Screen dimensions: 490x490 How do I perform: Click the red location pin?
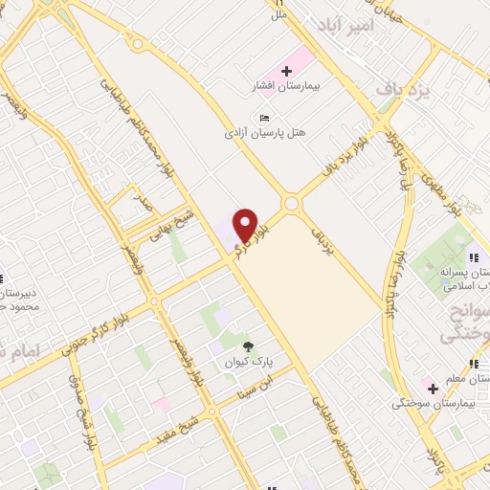pyautogui.click(x=246, y=224)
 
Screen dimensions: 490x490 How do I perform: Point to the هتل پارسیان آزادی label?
pyautogui.click(x=273, y=132)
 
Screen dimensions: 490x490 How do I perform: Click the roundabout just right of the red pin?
pyautogui.click(x=291, y=204)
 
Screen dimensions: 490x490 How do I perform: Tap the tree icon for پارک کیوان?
pyautogui.click(x=251, y=346)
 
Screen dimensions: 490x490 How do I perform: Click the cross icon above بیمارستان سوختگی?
pyautogui.click(x=433, y=389)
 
